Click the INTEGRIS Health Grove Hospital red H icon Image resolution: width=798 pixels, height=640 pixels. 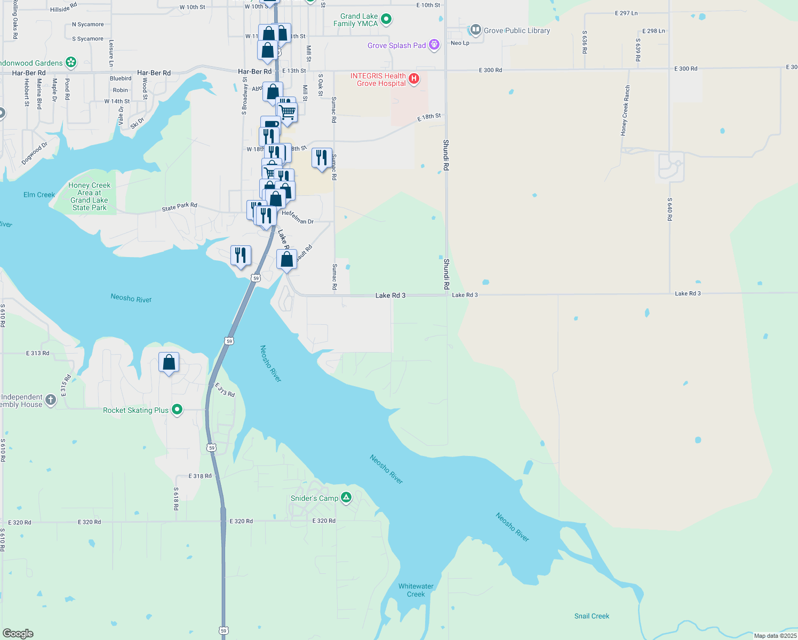413,79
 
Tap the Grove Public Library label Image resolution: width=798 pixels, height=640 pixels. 516,30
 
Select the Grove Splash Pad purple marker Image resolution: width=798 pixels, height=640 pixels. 435,45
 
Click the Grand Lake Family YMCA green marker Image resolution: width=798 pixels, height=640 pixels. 387,19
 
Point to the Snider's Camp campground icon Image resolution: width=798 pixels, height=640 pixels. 346,498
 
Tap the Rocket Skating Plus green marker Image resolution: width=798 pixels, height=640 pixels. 177,410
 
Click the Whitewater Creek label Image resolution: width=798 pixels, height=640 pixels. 416,590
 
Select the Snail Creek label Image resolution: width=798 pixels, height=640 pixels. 592,616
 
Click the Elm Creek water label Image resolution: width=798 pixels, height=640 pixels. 39,195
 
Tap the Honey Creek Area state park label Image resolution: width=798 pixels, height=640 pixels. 90,196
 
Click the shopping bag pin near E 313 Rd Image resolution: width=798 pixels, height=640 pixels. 169,363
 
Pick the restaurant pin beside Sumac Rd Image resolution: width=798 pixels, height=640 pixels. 322,158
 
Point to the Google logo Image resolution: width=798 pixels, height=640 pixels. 18,634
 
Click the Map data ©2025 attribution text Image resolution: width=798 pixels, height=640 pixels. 775,636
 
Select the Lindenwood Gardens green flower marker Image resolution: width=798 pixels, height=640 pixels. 71,62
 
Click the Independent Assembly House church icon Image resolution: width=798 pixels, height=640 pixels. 51,400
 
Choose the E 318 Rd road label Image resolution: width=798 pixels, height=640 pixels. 200,476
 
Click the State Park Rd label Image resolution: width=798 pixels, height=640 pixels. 179,206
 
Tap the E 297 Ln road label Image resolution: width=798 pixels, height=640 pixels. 626,13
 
